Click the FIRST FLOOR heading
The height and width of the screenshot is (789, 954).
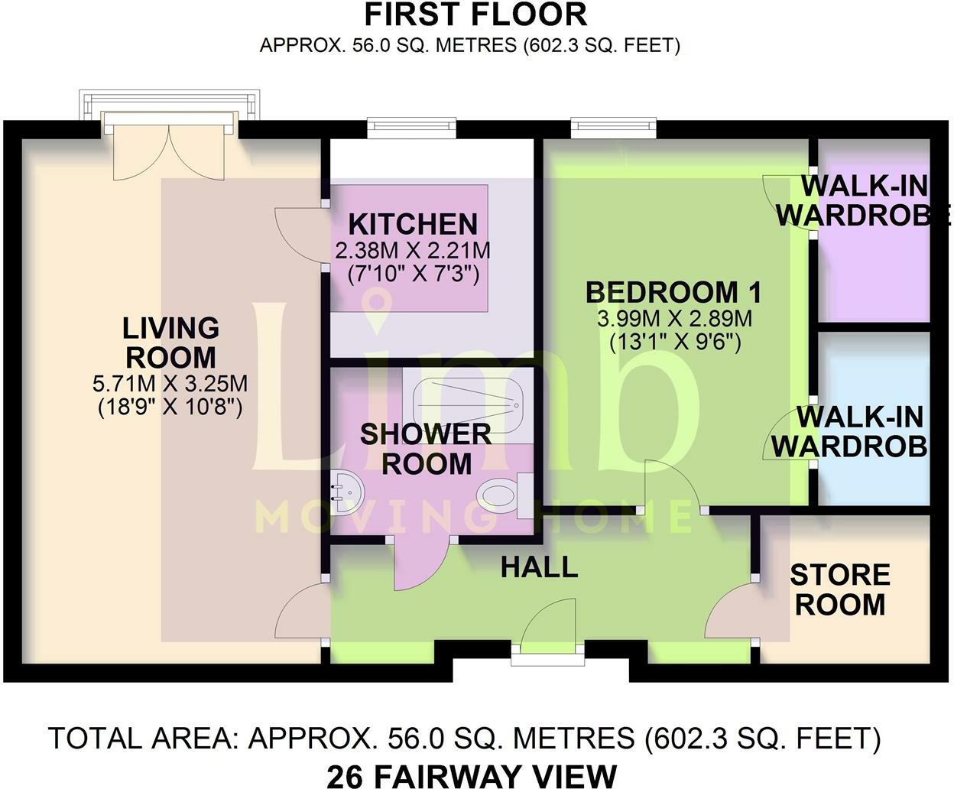pos(475,15)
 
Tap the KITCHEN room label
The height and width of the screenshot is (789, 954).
pos(413,225)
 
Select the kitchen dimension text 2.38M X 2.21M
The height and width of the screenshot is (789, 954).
pos(413,250)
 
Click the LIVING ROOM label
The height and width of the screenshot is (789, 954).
pos(171,343)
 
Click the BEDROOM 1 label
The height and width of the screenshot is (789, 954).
pos(674,292)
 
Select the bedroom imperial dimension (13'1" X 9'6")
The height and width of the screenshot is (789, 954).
pos(674,343)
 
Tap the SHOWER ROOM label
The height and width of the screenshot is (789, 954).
pos(426,449)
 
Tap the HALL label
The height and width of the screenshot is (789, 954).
pos(539,567)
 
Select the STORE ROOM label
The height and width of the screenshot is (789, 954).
pos(839,589)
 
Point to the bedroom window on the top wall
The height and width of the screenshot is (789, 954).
pos(613,128)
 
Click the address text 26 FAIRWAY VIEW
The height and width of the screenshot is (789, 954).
pos(472,775)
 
